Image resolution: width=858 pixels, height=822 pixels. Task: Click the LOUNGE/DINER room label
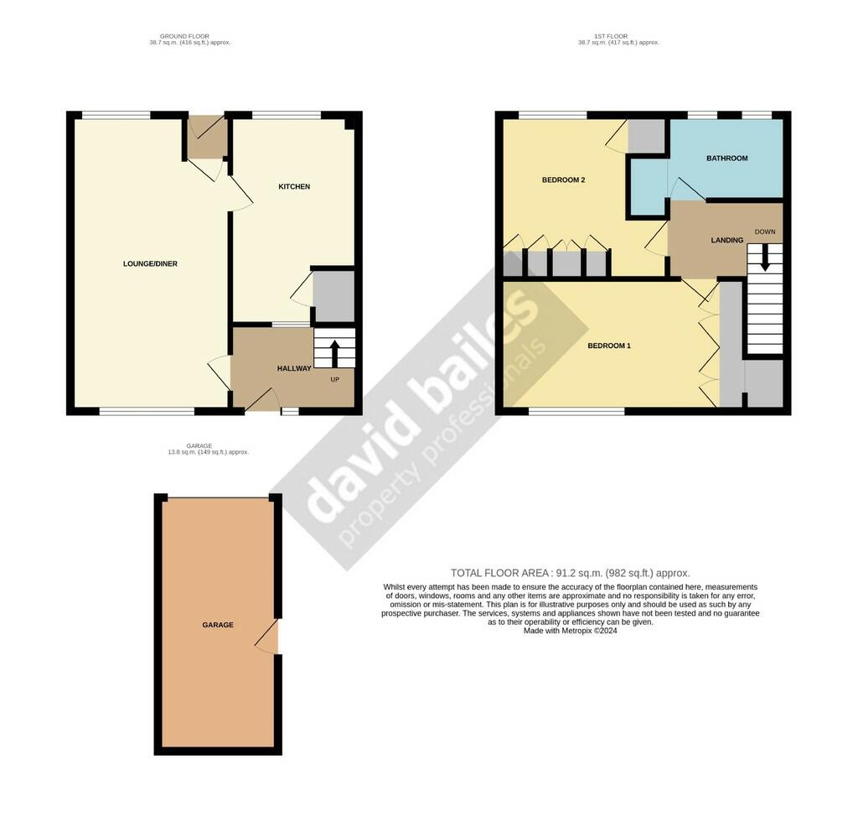coord(150,264)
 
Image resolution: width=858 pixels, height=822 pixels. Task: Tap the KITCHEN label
coord(294,186)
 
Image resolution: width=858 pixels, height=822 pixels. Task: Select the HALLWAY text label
coord(294,368)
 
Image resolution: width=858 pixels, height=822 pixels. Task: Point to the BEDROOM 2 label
coord(563,179)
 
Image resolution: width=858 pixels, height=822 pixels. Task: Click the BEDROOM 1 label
coord(608,346)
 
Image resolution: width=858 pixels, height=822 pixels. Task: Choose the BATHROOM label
coord(726,158)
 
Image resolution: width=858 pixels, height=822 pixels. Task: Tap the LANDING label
coord(726,241)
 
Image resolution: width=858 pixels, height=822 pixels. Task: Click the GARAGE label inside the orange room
coord(217,625)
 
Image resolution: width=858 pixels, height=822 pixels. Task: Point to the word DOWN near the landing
coord(765,232)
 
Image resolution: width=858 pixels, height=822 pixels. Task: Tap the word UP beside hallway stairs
coord(334,379)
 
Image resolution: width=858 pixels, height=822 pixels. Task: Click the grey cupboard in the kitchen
coord(333,296)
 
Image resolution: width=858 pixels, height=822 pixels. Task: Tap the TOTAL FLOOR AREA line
coord(570,573)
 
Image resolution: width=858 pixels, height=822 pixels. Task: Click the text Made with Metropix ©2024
coord(570,631)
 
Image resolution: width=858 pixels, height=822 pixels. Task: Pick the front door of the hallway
coord(261,400)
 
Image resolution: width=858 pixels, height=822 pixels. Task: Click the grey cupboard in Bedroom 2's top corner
coord(646,136)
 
